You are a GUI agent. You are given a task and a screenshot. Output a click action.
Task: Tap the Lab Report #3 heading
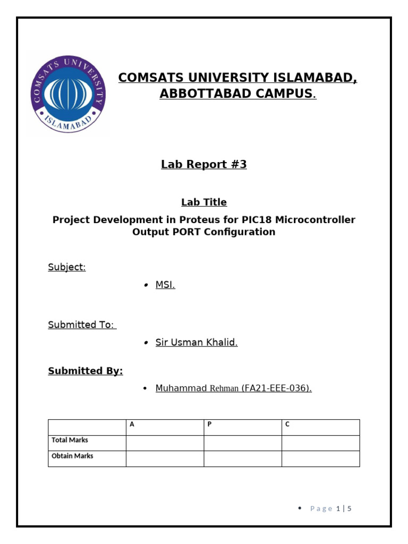204,165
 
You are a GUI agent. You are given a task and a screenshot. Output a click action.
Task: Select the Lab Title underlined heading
204,202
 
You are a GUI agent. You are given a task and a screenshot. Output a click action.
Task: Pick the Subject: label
67,267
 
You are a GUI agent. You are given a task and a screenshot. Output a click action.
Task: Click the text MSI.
165,285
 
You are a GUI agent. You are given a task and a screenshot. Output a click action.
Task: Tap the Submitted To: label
82,325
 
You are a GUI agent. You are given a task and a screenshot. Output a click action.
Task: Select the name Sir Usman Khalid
196,343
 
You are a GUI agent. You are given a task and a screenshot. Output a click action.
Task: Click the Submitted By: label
86,371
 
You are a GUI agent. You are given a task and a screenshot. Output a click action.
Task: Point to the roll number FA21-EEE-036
276,388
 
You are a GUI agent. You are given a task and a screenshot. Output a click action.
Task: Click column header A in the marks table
132,424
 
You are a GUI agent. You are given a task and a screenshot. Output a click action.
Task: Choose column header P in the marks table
210,424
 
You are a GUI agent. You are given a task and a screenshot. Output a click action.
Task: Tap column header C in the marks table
287,424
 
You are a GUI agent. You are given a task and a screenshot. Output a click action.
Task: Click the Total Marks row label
70,440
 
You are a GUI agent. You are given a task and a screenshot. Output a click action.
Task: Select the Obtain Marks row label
72,456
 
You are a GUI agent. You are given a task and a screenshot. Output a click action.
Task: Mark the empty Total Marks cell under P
243,443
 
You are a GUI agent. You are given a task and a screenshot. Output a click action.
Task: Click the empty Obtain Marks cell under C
320,458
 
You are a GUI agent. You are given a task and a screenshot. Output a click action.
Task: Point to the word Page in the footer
321,509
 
